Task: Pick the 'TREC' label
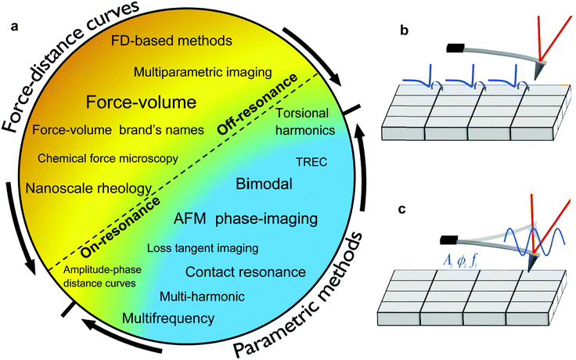[x=308, y=162]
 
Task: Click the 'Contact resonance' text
[x=245, y=272]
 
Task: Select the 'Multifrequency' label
[x=168, y=319]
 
